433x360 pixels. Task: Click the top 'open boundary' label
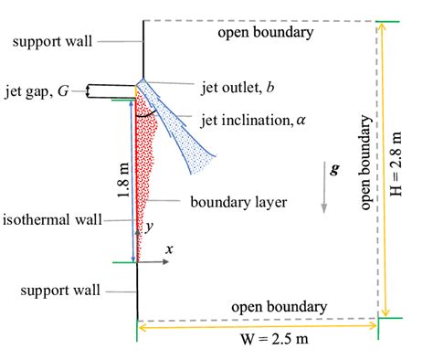click(265, 33)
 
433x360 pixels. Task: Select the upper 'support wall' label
click(52, 41)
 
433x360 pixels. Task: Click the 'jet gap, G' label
click(39, 90)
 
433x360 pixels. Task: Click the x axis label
click(168, 248)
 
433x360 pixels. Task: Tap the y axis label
click(149, 225)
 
